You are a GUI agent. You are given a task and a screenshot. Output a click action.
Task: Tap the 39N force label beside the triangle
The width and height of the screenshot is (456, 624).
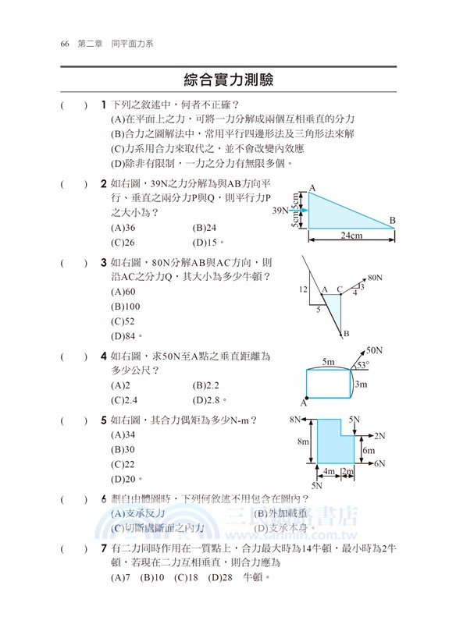[281, 211]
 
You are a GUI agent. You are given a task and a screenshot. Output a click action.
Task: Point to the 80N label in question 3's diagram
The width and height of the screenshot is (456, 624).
[375, 277]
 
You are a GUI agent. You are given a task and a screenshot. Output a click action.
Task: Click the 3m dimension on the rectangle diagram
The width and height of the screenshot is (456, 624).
[360, 384]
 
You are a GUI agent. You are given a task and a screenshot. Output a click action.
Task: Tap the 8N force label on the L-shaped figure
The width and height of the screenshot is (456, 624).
[295, 420]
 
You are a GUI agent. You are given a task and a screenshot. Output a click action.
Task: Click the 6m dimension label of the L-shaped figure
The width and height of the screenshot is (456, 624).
[368, 450]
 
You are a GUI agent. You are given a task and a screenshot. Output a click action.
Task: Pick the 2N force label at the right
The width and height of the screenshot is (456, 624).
[380, 435]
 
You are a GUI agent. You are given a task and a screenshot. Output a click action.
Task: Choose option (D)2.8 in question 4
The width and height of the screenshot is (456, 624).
[207, 400]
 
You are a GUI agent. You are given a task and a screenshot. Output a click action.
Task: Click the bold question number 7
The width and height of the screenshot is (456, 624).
[104, 549]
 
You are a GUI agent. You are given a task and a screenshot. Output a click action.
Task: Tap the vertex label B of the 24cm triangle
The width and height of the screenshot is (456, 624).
[393, 221]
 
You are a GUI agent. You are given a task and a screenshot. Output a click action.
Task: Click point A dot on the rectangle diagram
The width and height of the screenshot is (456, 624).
[307, 395]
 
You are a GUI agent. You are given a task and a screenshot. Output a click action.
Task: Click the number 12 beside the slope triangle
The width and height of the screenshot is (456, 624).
[304, 289]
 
